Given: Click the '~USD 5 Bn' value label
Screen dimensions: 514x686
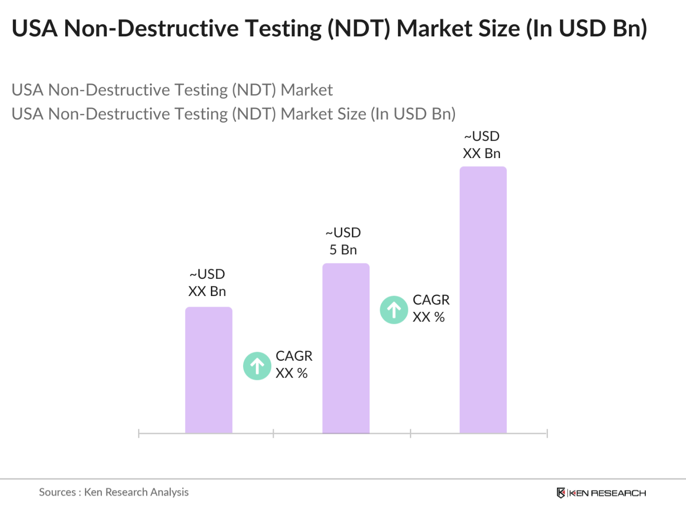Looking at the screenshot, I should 343,241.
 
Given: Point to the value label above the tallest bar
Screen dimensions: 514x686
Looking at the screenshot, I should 482,145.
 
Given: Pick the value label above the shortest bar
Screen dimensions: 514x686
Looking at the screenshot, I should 207,283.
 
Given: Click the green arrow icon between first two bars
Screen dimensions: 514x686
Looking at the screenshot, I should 257,366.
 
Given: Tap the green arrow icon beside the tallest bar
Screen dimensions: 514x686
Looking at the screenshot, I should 394,310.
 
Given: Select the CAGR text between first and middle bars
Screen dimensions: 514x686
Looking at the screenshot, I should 293,365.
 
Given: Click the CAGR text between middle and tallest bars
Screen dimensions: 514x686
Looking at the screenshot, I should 430,308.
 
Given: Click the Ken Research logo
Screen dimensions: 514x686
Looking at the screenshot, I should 601,493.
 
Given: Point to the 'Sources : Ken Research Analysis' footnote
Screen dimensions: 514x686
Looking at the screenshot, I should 114,492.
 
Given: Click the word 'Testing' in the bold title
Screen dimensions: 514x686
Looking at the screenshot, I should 284,29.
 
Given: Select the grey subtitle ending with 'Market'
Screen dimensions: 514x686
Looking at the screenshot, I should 172,90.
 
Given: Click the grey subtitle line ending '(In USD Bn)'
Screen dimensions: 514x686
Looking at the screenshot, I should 233,114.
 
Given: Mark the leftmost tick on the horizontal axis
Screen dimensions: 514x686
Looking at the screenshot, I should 139,434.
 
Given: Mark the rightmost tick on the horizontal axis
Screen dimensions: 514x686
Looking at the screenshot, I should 547,434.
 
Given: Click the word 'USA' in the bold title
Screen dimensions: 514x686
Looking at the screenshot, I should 35,29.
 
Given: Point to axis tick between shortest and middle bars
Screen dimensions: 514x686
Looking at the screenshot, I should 273,434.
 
